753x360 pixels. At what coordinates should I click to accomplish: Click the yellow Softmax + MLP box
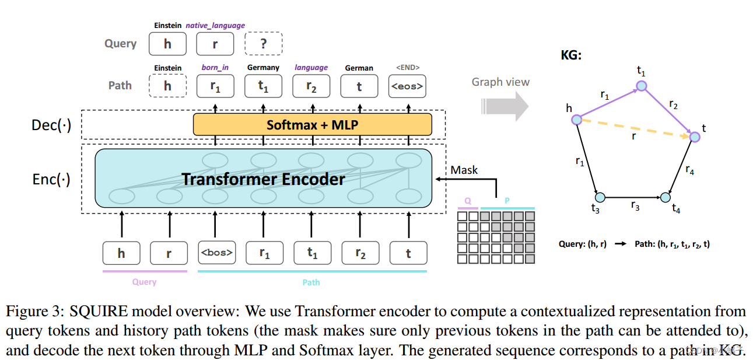(x=312, y=125)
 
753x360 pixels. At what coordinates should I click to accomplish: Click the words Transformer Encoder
(x=263, y=179)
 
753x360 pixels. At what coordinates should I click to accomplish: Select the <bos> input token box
(x=216, y=253)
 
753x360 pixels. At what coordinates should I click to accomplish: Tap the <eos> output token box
(x=407, y=86)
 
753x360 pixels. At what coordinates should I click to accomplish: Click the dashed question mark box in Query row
(x=263, y=44)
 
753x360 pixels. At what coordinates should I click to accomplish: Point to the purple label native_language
(x=215, y=26)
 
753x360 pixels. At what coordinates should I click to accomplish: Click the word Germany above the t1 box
(x=263, y=68)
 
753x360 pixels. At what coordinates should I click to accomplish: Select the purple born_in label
(x=215, y=68)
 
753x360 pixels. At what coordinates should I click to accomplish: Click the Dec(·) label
(x=51, y=125)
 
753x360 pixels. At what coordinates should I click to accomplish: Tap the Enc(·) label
(x=51, y=179)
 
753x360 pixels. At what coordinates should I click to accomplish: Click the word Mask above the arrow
(x=464, y=170)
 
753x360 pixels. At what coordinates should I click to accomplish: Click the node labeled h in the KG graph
(x=576, y=120)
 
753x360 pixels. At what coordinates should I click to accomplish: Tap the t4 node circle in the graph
(x=666, y=197)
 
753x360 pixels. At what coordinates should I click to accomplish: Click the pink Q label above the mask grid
(x=467, y=200)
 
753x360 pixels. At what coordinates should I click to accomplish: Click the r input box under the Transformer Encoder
(x=169, y=253)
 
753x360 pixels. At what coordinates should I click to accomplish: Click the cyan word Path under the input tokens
(x=311, y=282)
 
